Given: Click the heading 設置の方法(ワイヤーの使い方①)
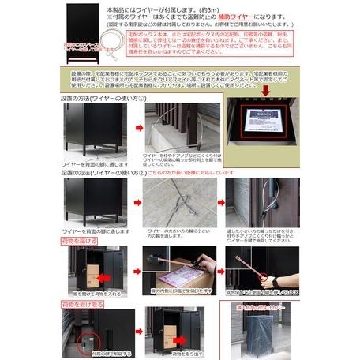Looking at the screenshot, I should point(103,98).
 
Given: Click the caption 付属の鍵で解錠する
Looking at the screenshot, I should point(88,354).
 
